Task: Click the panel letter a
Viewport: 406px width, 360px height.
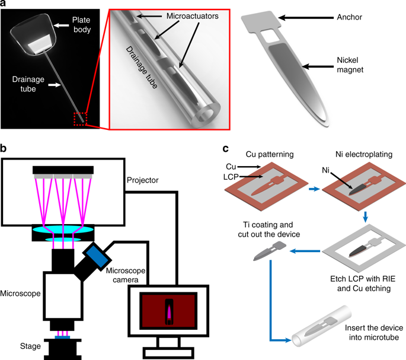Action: click(5, 5)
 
